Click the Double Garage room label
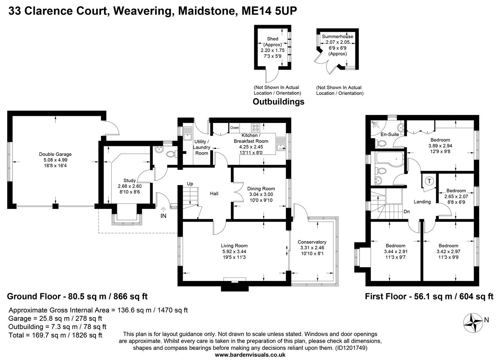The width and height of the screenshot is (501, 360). pos(55,154)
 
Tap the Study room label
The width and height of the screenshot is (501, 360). pos(130,180)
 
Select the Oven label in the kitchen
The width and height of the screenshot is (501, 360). pos(234,128)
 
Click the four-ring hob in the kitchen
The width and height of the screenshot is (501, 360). pos(256,127)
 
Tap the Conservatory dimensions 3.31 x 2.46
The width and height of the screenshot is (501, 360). pos(312,248)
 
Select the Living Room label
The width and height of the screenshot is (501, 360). pos(234,246)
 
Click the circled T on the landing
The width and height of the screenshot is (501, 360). pos(429,181)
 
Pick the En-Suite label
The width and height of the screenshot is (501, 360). pos(389,135)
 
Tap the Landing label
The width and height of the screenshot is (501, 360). pos(422,202)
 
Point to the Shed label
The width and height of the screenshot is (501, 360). pos(272,39)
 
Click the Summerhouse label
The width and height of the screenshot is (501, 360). pos(337,37)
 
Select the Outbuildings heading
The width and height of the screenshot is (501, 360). pos(278,102)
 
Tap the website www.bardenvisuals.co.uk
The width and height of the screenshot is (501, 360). pos(250,355)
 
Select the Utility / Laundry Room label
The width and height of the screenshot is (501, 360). pos(202,147)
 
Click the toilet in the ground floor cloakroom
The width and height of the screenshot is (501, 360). pos(171,154)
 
